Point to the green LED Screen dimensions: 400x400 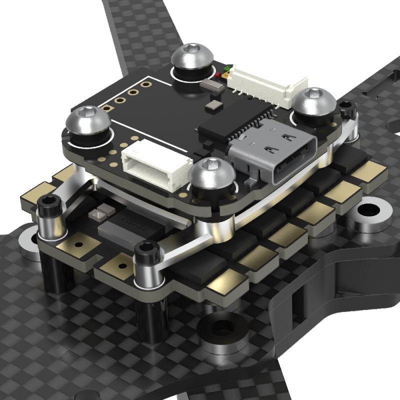pyautogui.click(x=228, y=68)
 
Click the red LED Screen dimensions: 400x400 pyautogui.click(x=218, y=75)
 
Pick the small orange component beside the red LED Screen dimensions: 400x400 pyautogui.click(x=225, y=75)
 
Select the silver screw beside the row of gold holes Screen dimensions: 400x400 pyautogui.click(x=89, y=123)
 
